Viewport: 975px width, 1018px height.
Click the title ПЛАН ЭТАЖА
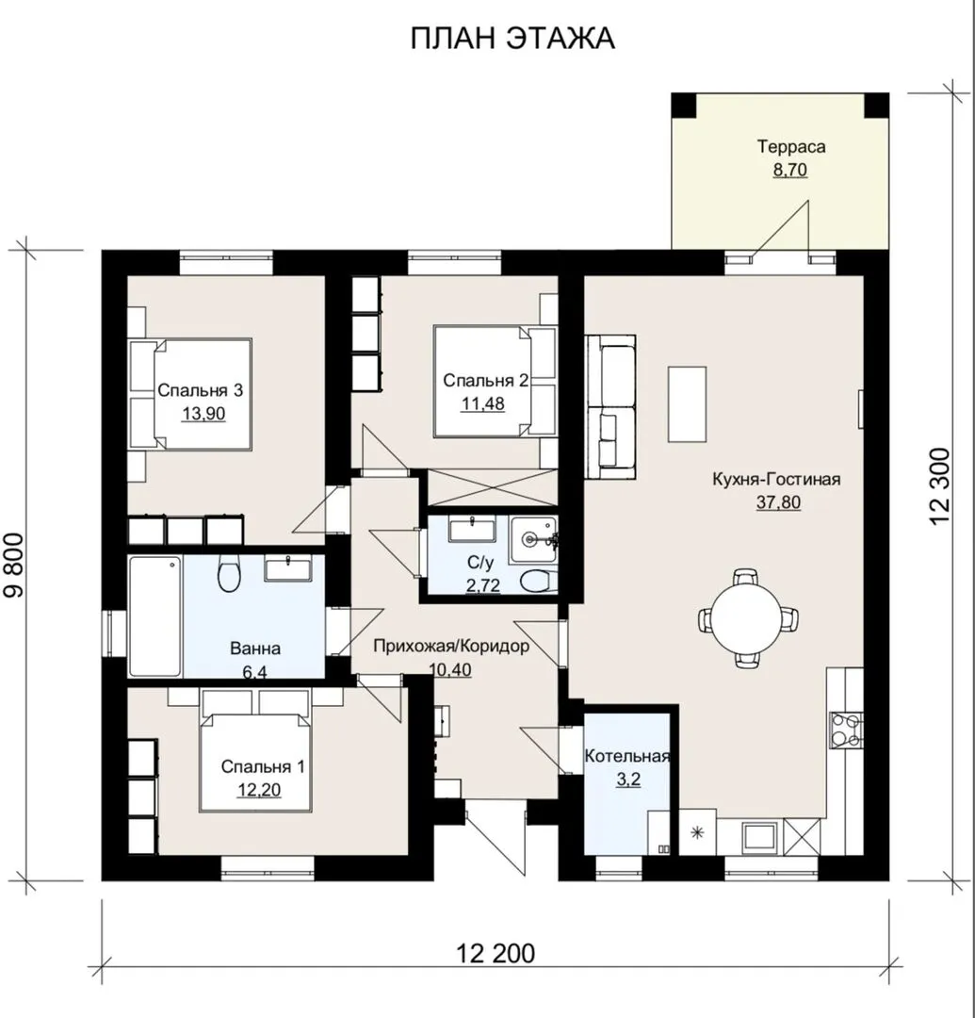pos(512,39)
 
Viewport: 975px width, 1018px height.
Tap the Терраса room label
pos(790,147)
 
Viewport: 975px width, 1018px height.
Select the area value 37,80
pos(778,501)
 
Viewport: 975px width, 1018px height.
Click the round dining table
pos(748,617)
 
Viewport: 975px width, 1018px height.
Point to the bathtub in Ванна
pos(155,616)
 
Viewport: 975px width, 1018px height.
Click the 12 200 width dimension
pos(496,954)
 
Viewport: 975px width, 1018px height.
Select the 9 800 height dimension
pos(13,565)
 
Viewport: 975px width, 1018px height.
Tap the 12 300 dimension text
pos(939,487)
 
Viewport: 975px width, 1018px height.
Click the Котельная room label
pos(626,756)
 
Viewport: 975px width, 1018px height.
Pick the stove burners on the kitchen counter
pos(846,730)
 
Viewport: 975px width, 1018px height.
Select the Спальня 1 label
pos(262,766)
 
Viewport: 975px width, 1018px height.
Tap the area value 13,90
pos(203,414)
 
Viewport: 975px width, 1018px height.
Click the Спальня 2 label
pos(485,381)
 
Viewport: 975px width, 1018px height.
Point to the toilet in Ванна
pos(229,573)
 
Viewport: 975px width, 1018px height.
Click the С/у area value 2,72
pos(483,585)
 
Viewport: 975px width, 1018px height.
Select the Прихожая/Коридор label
pos(451,646)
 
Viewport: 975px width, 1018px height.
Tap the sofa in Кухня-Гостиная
pos(610,407)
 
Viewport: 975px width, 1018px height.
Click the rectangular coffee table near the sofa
pos(687,403)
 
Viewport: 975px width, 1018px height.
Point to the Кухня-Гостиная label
pos(776,479)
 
